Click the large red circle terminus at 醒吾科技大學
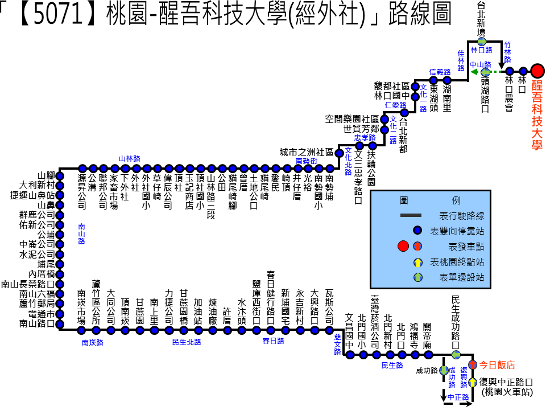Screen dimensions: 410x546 coord(537,71)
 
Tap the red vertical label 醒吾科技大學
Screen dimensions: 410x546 coord(537,115)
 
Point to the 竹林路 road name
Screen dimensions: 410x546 coord(508,52)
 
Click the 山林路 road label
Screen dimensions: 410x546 coord(129,159)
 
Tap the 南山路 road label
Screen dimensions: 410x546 coord(81,233)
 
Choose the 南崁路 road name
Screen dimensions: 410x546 coord(93,343)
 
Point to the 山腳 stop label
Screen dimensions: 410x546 coord(46,175)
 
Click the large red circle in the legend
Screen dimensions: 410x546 coord(403,246)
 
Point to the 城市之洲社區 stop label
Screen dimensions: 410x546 coord(307,152)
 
